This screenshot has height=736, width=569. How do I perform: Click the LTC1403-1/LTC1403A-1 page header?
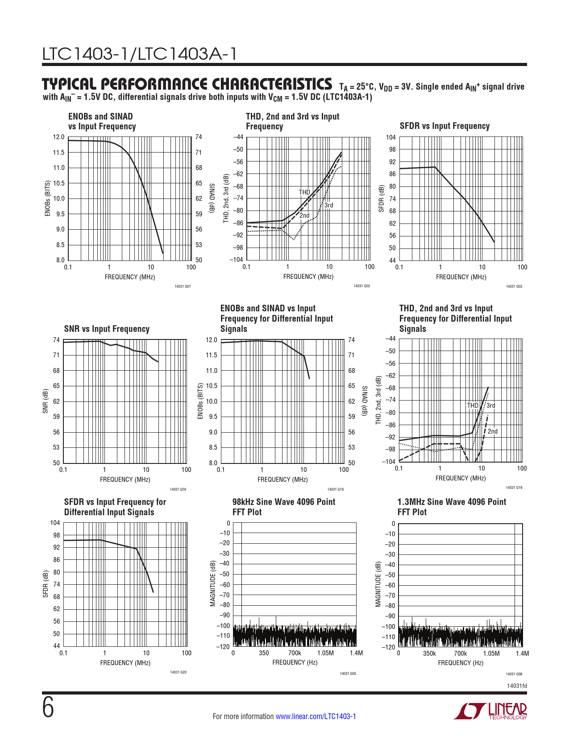point(139,54)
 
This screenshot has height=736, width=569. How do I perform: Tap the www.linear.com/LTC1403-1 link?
point(316,716)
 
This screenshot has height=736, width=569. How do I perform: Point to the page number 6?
point(48,708)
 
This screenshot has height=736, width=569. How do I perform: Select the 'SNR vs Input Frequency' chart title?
point(107,329)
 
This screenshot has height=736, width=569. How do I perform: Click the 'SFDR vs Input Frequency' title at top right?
point(444,126)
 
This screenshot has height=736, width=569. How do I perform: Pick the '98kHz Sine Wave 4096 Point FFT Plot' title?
point(283,507)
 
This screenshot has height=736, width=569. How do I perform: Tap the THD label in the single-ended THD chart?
point(304,192)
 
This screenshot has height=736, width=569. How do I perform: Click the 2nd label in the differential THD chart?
point(493,431)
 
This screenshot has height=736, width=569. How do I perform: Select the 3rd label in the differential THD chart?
point(491,405)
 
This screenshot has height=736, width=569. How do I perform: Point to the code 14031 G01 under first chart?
point(183,286)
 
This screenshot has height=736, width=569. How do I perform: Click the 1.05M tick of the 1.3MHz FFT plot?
point(491,653)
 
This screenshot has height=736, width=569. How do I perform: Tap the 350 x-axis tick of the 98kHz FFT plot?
point(264,653)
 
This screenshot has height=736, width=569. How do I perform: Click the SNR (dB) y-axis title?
point(45,401)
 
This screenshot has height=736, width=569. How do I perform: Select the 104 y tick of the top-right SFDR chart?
point(391,137)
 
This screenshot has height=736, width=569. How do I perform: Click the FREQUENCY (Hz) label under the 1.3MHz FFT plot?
point(461,663)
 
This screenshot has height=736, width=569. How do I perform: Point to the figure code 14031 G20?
point(179,672)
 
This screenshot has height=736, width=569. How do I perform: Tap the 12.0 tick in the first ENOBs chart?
point(59,137)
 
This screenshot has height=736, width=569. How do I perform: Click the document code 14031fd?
point(517,686)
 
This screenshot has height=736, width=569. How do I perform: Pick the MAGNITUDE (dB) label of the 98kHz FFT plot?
point(213,584)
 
